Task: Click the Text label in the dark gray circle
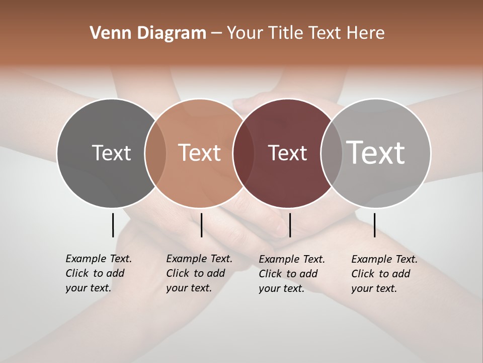(111, 153)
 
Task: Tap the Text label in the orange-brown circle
(200, 153)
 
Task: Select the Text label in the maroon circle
(287, 153)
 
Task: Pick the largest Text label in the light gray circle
(376, 152)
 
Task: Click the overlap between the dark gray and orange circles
(155, 153)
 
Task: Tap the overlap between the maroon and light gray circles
(331, 153)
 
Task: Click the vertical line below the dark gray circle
(113, 225)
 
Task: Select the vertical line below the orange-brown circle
(201, 225)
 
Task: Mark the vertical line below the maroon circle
(290, 225)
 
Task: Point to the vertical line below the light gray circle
(374, 225)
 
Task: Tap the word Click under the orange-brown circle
(178, 273)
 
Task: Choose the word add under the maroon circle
(308, 274)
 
